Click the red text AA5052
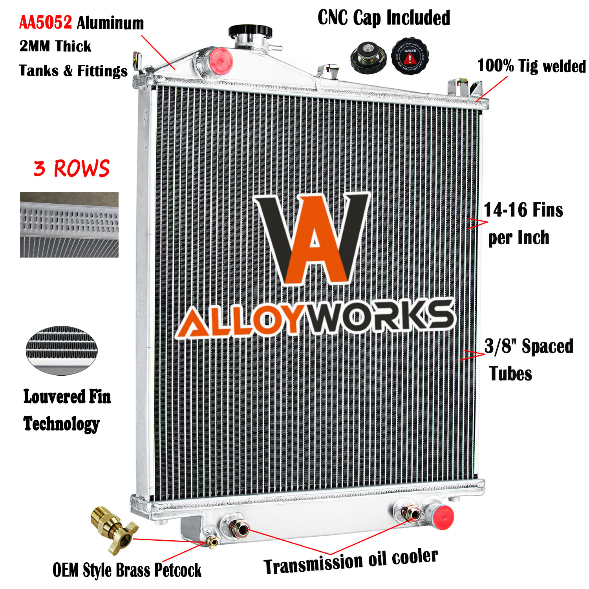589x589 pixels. (x=46, y=23)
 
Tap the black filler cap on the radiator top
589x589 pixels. (x=251, y=31)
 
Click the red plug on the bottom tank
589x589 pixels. (x=443, y=517)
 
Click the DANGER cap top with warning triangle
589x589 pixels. (x=410, y=57)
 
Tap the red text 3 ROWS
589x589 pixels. (x=71, y=168)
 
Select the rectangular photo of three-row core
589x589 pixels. (x=69, y=225)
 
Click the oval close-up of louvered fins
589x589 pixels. (x=62, y=350)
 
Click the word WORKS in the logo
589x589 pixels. (x=383, y=316)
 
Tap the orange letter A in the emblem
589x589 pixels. (x=314, y=240)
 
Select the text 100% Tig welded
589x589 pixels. (x=531, y=66)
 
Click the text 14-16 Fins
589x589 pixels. (x=523, y=210)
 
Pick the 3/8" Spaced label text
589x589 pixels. (x=529, y=346)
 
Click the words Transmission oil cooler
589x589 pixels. (x=350, y=561)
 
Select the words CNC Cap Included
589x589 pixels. (x=384, y=18)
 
